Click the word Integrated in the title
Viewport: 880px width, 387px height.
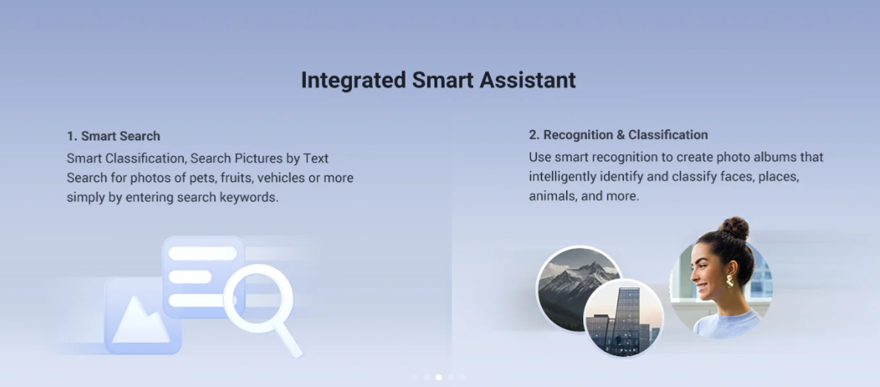[353, 80]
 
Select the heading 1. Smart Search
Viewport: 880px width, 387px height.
[114, 136]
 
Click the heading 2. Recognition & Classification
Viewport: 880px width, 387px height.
[618, 134]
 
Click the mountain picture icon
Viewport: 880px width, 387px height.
[141, 316]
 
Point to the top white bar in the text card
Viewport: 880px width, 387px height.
[203, 253]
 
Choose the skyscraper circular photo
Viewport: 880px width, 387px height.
[624, 319]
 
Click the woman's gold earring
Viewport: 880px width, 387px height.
[729, 281]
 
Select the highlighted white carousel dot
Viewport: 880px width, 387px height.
[439, 377]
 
